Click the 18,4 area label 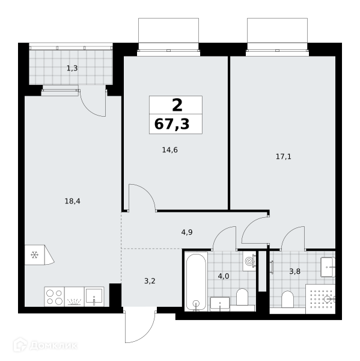(x=73, y=201)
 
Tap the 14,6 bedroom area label (x=169, y=150)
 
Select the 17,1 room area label (x=284, y=157)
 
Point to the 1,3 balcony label (x=72, y=69)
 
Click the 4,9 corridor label (x=187, y=232)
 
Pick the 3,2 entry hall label (x=150, y=281)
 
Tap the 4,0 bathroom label (x=224, y=276)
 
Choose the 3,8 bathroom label (x=294, y=272)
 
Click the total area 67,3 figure (x=172, y=124)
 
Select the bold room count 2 (x=177, y=105)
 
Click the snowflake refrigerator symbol (x=34, y=255)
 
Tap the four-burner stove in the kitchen (x=55, y=297)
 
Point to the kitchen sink (x=94, y=297)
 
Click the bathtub (x=196, y=282)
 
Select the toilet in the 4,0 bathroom (x=242, y=297)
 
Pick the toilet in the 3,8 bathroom (x=287, y=299)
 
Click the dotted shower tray (x=320, y=299)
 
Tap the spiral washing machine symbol (x=249, y=261)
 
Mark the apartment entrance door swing (x=140, y=326)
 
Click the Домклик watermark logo (x=45, y=345)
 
